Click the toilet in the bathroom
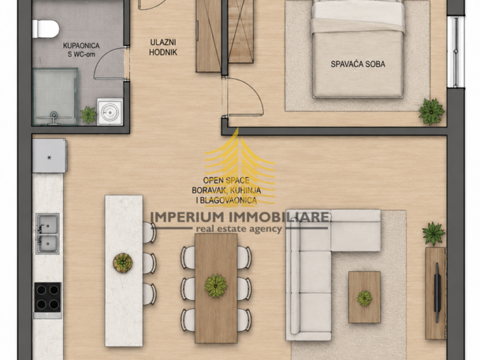[x=46, y=29]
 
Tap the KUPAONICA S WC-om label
[x=81, y=50]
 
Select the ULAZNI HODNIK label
[x=163, y=47]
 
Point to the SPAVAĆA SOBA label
[x=358, y=64]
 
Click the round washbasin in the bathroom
[x=110, y=112]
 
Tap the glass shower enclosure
[x=55, y=97]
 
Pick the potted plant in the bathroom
[x=88, y=115]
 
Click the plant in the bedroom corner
[x=431, y=112]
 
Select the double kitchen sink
[x=47, y=234]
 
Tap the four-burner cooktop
[x=47, y=297]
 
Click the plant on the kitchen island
[x=123, y=263]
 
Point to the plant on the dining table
[x=216, y=286]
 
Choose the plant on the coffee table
[x=364, y=298]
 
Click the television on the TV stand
[x=437, y=292]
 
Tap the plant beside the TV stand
[x=433, y=234]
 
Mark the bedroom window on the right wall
[x=456, y=52]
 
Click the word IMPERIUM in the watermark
[x=188, y=217]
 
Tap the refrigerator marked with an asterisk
[x=49, y=156]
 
